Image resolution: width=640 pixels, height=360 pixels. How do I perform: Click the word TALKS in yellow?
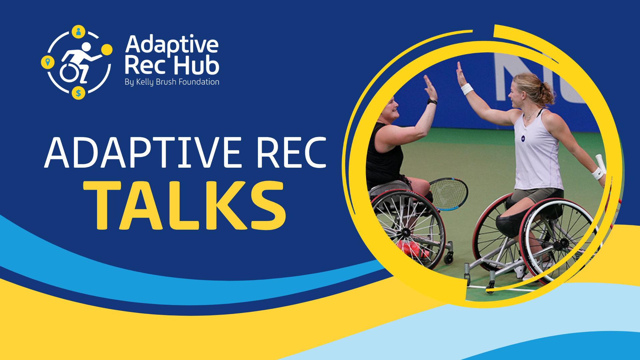tap(185, 206)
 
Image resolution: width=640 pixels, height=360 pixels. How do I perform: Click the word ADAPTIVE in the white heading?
tap(143, 153)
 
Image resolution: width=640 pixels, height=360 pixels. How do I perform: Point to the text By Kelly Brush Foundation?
tap(172, 82)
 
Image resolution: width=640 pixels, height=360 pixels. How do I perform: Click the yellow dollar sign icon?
tap(78, 93)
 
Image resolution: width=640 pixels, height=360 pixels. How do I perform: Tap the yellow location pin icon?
tap(48, 62)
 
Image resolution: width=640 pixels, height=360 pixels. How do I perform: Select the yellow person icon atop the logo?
tap(79, 32)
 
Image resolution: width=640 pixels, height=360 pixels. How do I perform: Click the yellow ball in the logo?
tap(107, 50)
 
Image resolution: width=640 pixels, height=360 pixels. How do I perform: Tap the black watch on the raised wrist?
tap(432, 101)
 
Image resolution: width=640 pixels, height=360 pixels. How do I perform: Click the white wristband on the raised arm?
tap(467, 89)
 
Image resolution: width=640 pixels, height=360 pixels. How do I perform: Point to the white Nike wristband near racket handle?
tap(597, 174)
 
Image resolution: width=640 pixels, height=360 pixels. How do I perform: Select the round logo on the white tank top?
tap(523, 138)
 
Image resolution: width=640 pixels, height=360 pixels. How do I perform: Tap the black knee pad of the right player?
tap(509, 224)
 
